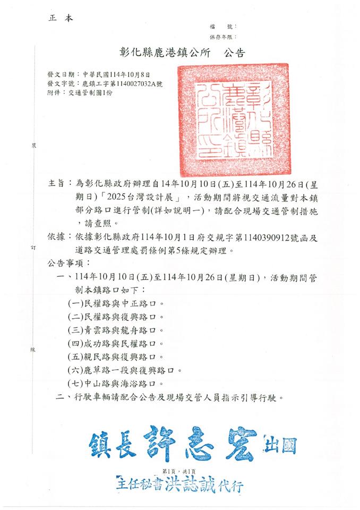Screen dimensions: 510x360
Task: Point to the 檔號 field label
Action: (218, 27)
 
